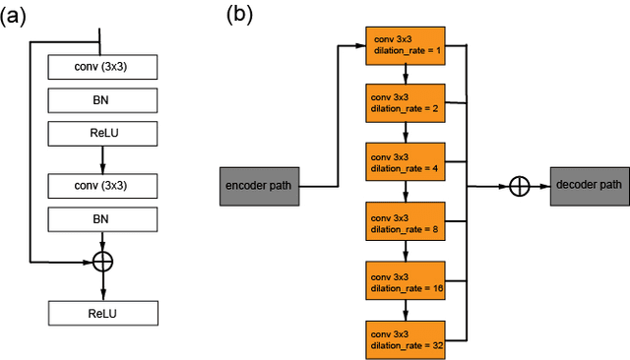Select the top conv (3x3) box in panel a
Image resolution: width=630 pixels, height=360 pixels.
coord(102,68)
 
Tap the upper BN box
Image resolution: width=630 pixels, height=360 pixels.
coord(102,100)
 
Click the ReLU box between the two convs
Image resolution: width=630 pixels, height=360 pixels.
coord(102,133)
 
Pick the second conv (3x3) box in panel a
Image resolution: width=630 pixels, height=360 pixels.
coord(102,184)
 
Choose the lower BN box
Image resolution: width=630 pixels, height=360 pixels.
coord(102,216)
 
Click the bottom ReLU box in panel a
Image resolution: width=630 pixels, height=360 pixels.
coord(102,313)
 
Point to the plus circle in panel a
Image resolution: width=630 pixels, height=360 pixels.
coord(102,262)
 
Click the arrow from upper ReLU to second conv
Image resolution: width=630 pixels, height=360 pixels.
coord(102,157)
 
